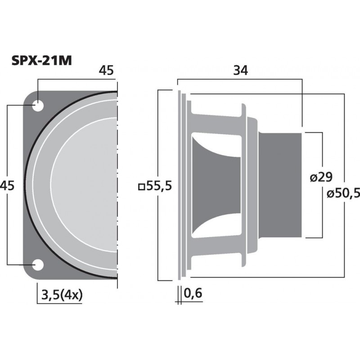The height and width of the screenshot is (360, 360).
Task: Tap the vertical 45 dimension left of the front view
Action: click(8, 185)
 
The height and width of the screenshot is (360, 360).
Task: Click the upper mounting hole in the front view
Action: click(38, 106)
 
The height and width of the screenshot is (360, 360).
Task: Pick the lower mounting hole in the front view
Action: click(38, 265)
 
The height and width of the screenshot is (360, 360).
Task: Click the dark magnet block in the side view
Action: click(280, 184)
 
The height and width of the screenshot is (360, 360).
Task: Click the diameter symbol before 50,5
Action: click(330, 194)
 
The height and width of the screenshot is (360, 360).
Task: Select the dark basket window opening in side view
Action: click(216, 184)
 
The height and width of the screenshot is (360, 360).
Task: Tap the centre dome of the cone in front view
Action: click(90, 184)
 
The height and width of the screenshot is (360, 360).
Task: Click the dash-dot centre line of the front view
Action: click(117, 184)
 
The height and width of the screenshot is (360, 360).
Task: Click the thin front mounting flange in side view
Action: click(180, 184)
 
